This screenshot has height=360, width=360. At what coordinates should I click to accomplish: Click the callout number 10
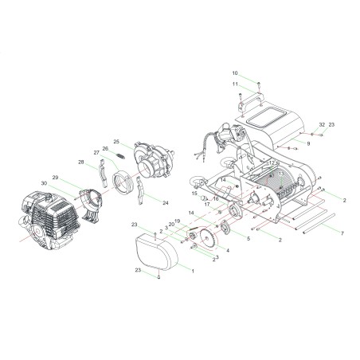click(x=235, y=73)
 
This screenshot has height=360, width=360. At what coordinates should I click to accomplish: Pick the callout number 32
click(x=322, y=125)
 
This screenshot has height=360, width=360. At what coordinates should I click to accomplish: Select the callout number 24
click(x=166, y=203)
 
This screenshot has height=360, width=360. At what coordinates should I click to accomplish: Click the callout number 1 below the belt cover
click(x=192, y=271)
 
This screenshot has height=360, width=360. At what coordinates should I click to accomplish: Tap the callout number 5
click(x=248, y=238)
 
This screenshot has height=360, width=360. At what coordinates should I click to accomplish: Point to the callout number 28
click(x=81, y=162)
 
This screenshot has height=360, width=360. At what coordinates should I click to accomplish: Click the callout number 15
click(x=194, y=193)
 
